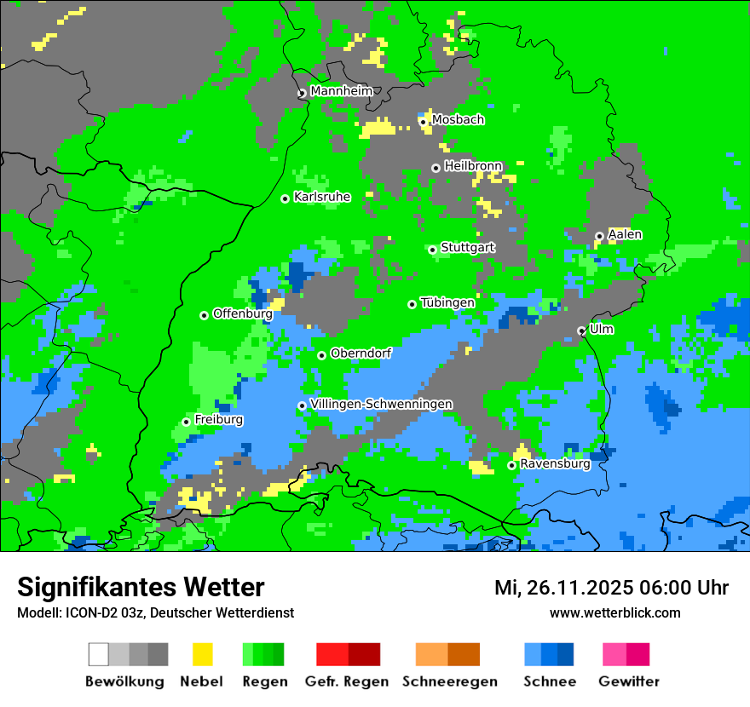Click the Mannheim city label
click(x=341, y=91)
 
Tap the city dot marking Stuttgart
click(x=433, y=250)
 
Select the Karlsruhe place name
click(x=322, y=197)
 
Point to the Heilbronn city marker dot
click(x=436, y=168)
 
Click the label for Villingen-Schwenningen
click(x=382, y=404)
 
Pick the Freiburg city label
click(x=218, y=420)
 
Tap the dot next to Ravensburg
click(x=512, y=465)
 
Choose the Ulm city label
click(x=602, y=329)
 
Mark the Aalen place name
click(x=625, y=234)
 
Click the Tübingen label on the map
click(x=447, y=302)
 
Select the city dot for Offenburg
click(x=205, y=315)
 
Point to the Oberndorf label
click(x=361, y=353)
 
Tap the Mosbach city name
click(x=458, y=120)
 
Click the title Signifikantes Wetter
click(x=141, y=587)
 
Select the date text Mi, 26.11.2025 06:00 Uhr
click(x=611, y=588)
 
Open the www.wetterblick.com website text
click(x=614, y=612)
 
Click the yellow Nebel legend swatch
click(x=202, y=654)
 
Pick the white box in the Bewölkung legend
click(x=99, y=654)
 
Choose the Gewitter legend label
click(x=628, y=681)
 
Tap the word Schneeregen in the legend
click(x=450, y=681)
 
